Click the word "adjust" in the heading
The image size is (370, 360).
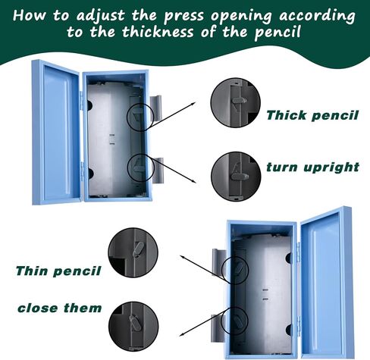click(100, 16)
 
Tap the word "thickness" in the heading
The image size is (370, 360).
click(158, 33)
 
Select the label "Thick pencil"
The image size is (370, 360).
click(312, 115)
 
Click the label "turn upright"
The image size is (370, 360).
click(312, 167)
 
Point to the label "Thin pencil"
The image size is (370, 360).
click(58, 271)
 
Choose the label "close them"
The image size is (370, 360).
click(60, 308)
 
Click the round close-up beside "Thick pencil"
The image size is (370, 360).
click(235, 102)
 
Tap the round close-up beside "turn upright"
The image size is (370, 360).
click(236, 177)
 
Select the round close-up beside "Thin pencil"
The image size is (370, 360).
click(133, 252)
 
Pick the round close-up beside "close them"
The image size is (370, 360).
click(133, 326)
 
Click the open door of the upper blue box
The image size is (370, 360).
click(56, 133)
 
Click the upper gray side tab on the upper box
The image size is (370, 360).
click(155, 108)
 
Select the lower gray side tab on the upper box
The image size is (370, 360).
click(158, 171)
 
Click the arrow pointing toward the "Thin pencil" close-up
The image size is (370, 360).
click(202, 268)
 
